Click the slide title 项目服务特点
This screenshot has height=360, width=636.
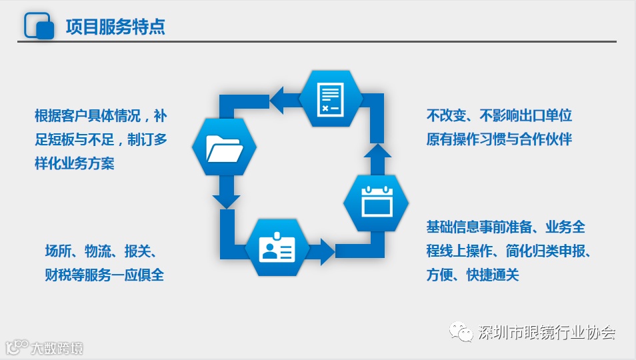coord(115,27)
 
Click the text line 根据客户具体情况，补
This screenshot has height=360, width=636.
coord(101,115)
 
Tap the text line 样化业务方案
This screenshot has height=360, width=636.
coord(74,163)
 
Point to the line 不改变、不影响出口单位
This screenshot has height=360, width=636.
coord(499,115)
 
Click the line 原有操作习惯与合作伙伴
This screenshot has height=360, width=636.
coord(499,139)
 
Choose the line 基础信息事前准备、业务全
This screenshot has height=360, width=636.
coord(506,227)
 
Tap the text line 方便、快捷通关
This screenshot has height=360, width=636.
coord(472,275)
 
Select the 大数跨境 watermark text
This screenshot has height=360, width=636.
coord(57,348)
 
